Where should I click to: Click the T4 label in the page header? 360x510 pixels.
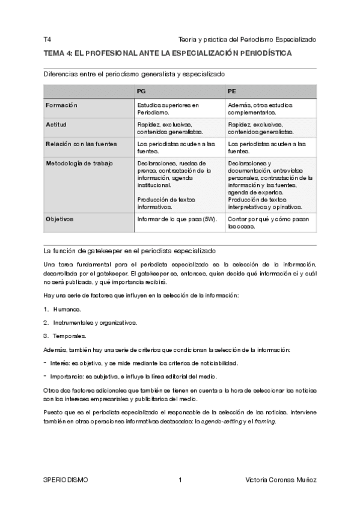click(x=47, y=39)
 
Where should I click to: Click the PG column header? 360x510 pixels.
click(x=141, y=91)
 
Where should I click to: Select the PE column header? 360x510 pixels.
click(x=232, y=91)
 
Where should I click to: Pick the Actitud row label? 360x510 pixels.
click(x=56, y=124)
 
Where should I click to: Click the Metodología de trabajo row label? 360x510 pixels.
click(x=79, y=163)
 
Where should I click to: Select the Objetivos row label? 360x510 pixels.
click(x=59, y=219)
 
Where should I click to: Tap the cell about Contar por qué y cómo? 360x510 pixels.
click(x=269, y=223)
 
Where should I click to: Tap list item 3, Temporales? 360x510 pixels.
click(x=69, y=336)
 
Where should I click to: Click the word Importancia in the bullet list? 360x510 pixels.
click(x=67, y=376)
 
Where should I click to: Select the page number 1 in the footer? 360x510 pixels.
click(x=180, y=480)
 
